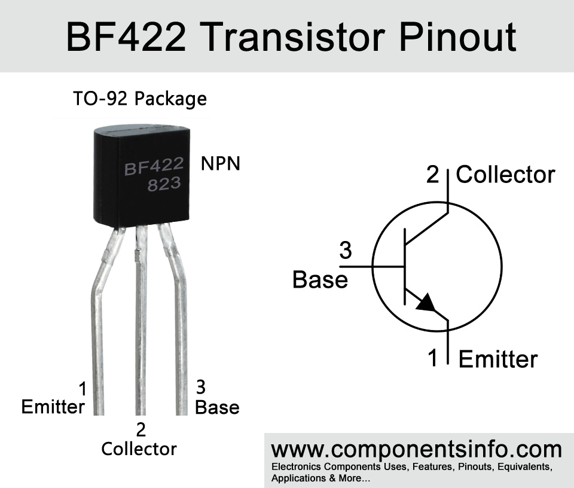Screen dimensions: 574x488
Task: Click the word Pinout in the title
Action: [457, 37]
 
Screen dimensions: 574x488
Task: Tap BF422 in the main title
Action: [126, 37]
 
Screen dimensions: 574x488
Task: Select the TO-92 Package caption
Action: [140, 99]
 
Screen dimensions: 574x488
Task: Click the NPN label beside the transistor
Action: [221, 163]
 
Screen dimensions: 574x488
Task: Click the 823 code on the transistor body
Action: [164, 184]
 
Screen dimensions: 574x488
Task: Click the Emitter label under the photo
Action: [53, 407]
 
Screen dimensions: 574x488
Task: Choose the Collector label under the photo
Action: [139, 449]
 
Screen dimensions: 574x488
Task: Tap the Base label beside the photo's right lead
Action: [217, 407]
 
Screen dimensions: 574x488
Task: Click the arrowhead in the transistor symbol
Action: [426, 303]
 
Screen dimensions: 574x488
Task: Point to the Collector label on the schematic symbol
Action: [506, 175]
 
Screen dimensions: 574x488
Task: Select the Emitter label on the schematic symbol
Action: [498, 359]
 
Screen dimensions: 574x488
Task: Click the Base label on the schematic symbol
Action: [320, 280]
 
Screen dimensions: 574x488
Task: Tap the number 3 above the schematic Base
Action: [346, 251]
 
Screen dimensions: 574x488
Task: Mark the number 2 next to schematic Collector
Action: [432, 175]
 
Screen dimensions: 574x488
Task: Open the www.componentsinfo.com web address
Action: [416, 450]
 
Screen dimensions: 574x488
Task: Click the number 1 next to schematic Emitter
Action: [433, 358]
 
